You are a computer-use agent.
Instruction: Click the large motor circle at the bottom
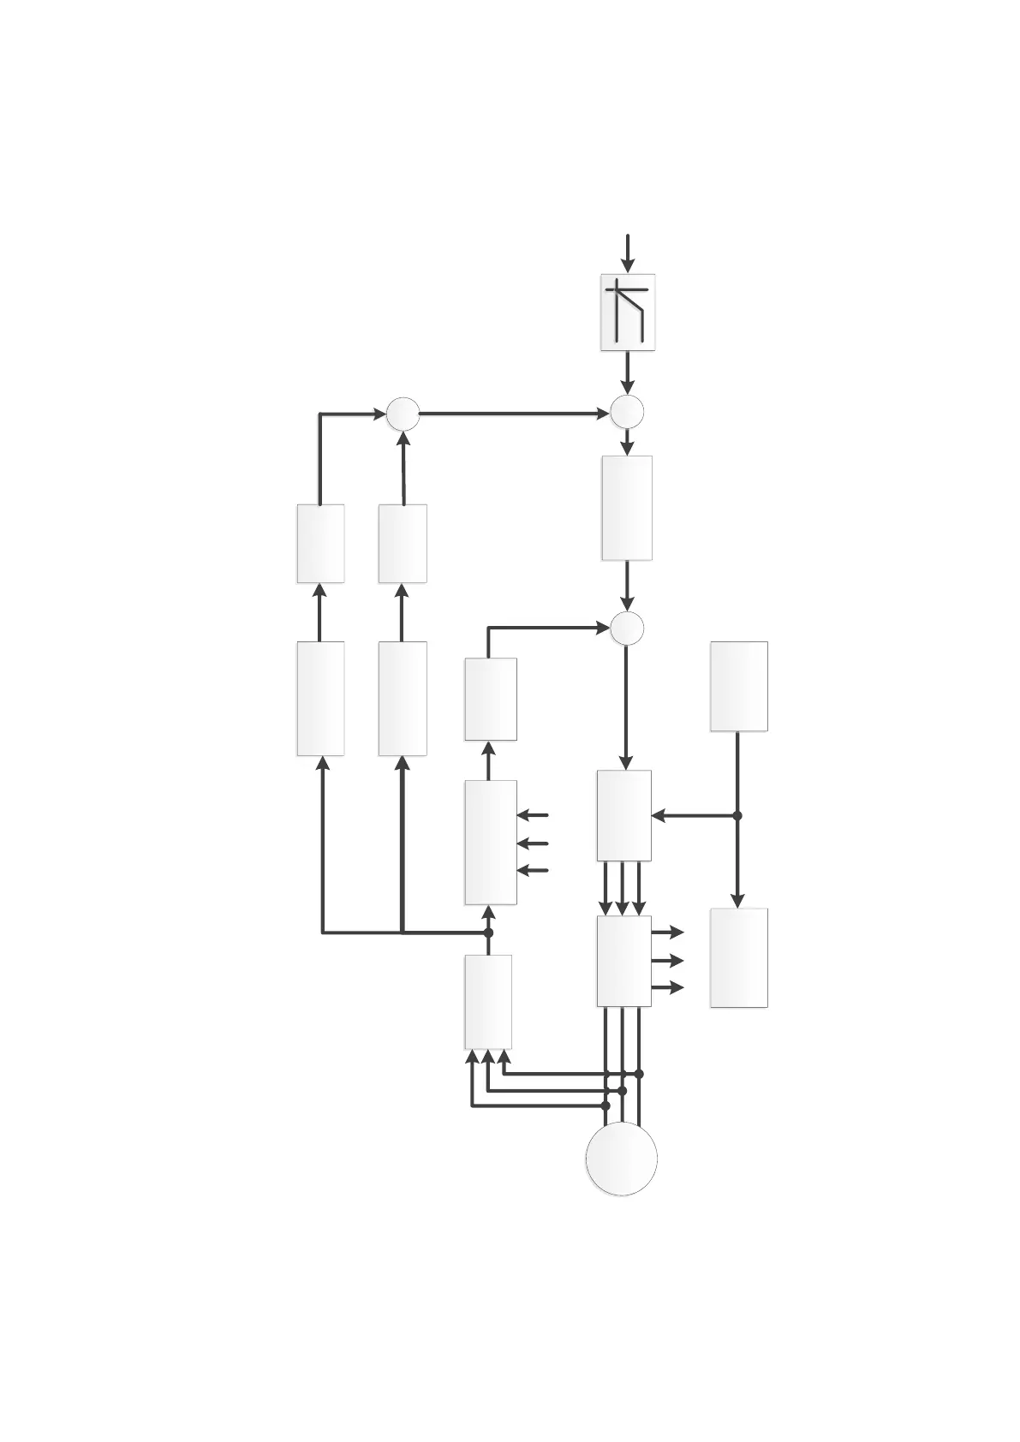click(x=621, y=1158)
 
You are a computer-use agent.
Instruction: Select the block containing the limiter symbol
click(x=628, y=312)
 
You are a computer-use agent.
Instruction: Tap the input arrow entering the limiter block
click(x=628, y=253)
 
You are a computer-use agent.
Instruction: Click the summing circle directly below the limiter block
click(x=627, y=412)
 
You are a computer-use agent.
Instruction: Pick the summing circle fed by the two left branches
click(x=403, y=414)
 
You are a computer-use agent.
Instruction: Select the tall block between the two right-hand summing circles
click(x=627, y=508)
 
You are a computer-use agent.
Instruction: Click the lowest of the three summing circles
click(x=627, y=629)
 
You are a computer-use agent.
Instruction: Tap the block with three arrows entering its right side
click(x=491, y=842)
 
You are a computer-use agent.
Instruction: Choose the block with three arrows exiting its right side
click(x=623, y=961)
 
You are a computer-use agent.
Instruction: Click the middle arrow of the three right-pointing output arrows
click(x=668, y=961)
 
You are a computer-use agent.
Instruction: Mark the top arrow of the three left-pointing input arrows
click(x=533, y=815)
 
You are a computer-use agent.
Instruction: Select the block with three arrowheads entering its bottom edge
click(x=488, y=1002)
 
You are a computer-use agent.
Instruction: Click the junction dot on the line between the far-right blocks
click(x=737, y=816)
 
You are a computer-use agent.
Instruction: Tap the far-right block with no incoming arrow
click(x=738, y=686)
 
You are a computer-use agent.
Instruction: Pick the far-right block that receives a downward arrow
click(x=738, y=957)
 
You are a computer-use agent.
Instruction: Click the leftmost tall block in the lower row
click(x=320, y=699)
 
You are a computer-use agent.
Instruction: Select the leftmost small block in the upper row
click(x=320, y=544)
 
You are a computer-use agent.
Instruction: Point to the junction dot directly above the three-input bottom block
click(x=489, y=933)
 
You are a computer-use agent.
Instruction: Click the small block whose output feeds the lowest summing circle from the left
click(x=491, y=699)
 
